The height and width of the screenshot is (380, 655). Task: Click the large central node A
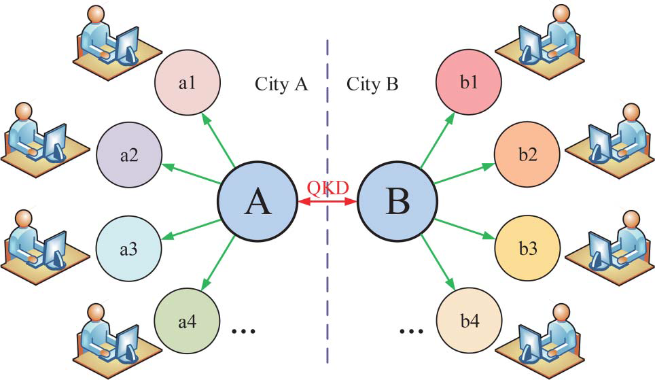click(257, 202)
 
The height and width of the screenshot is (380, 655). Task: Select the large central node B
click(397, 202)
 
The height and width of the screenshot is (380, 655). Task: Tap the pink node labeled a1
click(188, 84)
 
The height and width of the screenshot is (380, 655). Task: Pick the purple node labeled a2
click(129, 155)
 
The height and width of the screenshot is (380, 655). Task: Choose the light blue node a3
click(128, 249)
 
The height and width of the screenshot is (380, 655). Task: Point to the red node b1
click(468, 84)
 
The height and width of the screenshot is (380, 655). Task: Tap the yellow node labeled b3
click(528, 249)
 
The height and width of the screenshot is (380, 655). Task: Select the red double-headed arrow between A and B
click(327, 202)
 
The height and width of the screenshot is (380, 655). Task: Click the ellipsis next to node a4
click(243, 331)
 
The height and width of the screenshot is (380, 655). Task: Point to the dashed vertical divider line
click(327, 286)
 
